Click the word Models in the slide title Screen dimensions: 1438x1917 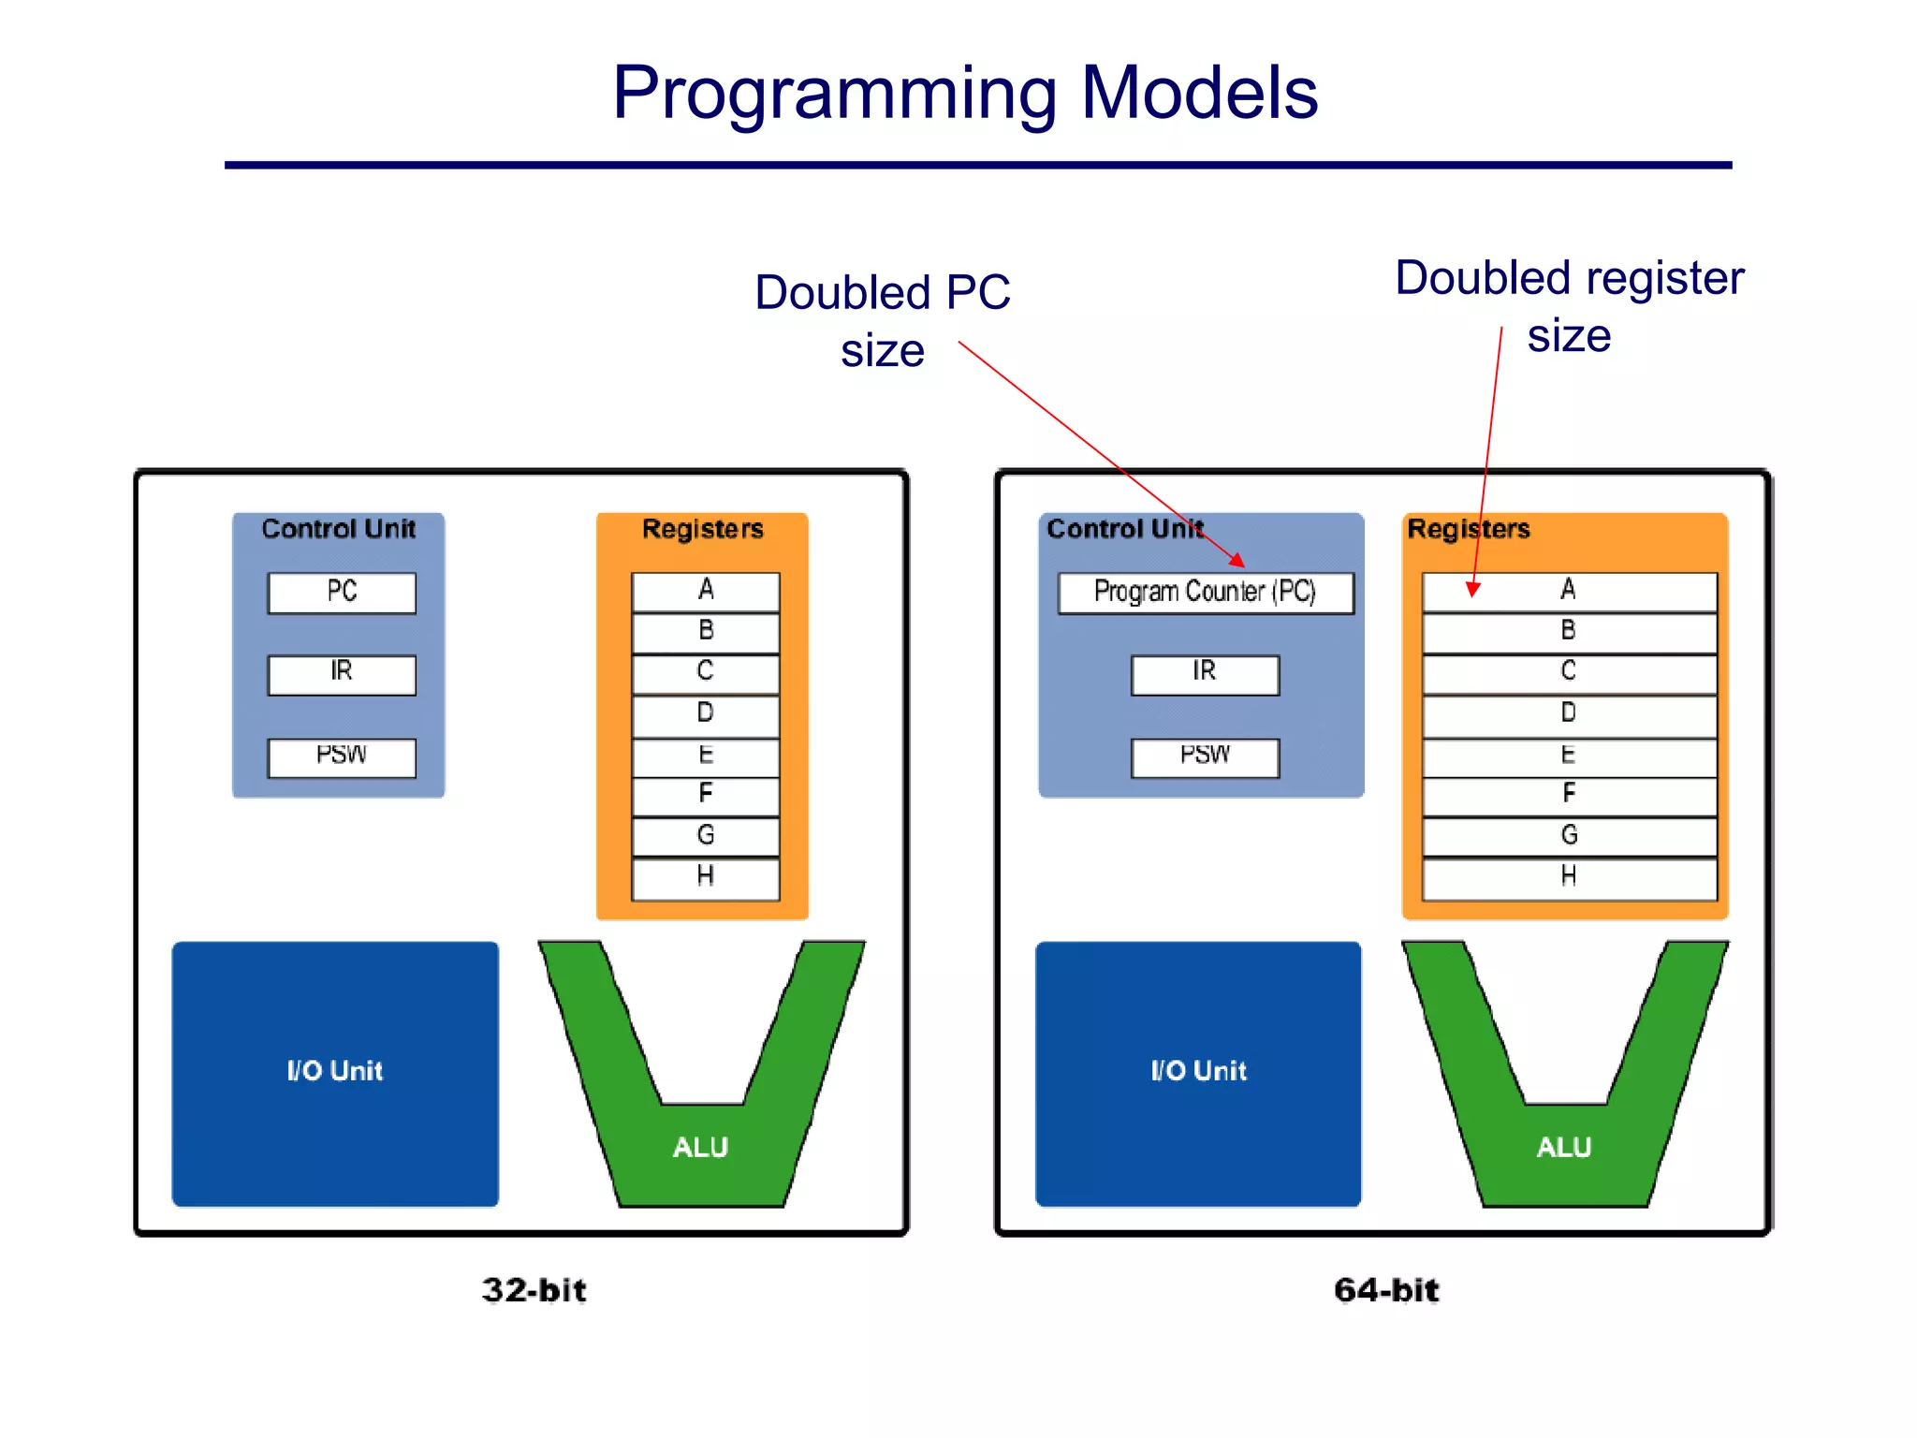(1199, 93)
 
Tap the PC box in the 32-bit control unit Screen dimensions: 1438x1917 (342, 593)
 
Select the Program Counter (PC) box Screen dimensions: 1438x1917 (1205, 593)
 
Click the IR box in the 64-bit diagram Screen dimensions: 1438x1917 (1205, 674)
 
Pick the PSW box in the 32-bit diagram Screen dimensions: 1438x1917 (342, 757)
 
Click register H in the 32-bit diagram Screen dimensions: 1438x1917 (706, 878)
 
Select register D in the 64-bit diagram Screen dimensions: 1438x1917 (1569, 715)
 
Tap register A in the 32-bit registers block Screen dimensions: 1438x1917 (706, 592)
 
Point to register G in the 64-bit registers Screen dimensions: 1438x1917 (1569, 837)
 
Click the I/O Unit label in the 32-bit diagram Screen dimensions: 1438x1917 (335, 1071)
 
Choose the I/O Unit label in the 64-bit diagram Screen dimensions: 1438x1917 (1198, 1071)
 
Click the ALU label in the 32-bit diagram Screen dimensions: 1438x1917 (700, 1148)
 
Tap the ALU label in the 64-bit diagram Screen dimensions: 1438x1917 (1563, 1148)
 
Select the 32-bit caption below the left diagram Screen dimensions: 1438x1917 (534, 1290)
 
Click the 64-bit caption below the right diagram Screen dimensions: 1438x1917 (1386, 1290)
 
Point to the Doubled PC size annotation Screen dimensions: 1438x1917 (883, 320)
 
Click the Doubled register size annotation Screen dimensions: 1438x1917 (1569, 306)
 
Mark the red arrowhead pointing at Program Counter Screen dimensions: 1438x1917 (1237, 560)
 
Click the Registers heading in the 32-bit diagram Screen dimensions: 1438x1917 (702, 529)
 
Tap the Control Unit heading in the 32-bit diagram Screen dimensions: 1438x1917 (338, 529)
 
